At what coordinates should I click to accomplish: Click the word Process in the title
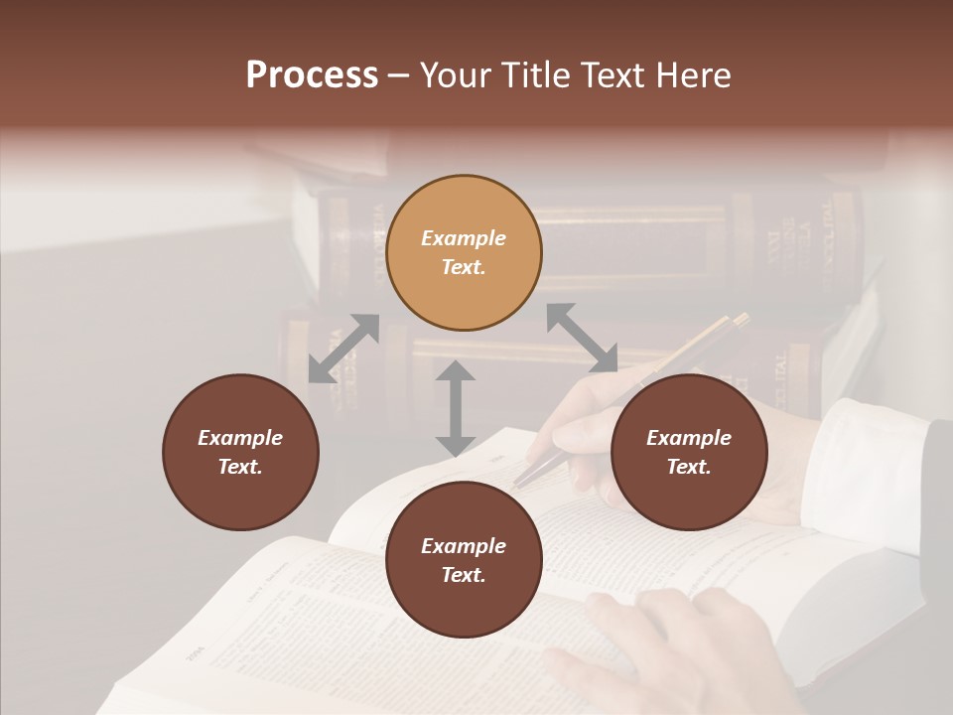pos(312,75)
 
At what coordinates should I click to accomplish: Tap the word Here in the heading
pos(691,75)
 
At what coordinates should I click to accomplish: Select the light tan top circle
pos(464,253)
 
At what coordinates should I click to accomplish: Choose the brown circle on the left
pos(240,452)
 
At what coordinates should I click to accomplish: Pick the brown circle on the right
pos(689,452)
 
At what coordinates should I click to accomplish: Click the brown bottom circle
pos(464,559)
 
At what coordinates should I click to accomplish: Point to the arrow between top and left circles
pos(343,349)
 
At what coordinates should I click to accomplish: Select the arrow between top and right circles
pos(582,338)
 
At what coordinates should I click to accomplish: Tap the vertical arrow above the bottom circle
pos(456,408)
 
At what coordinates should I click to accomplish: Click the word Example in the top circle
pos(464,238)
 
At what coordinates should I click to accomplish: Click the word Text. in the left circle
pos(240,467)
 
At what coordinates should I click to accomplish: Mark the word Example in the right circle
pos(689,438)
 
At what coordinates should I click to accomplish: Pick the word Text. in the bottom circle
pos(464,575)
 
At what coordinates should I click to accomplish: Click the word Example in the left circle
pos(240,438)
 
